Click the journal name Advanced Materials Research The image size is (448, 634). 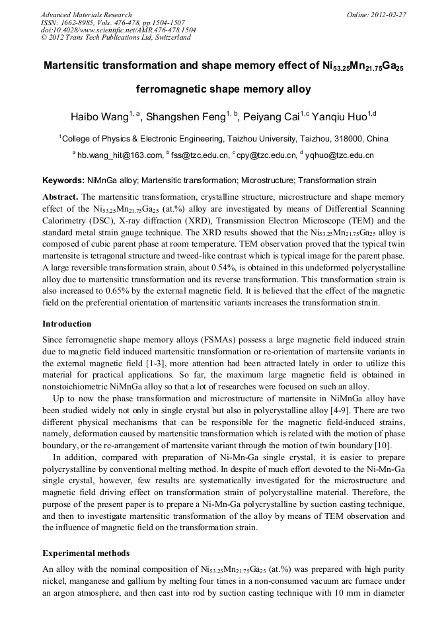(x=86, y=15)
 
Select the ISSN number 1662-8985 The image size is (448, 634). (x=77, y=22)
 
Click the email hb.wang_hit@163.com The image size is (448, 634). (x=119, y=156)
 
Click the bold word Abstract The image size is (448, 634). (x=61, y=197)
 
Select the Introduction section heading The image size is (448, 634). (x=67, y=324)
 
